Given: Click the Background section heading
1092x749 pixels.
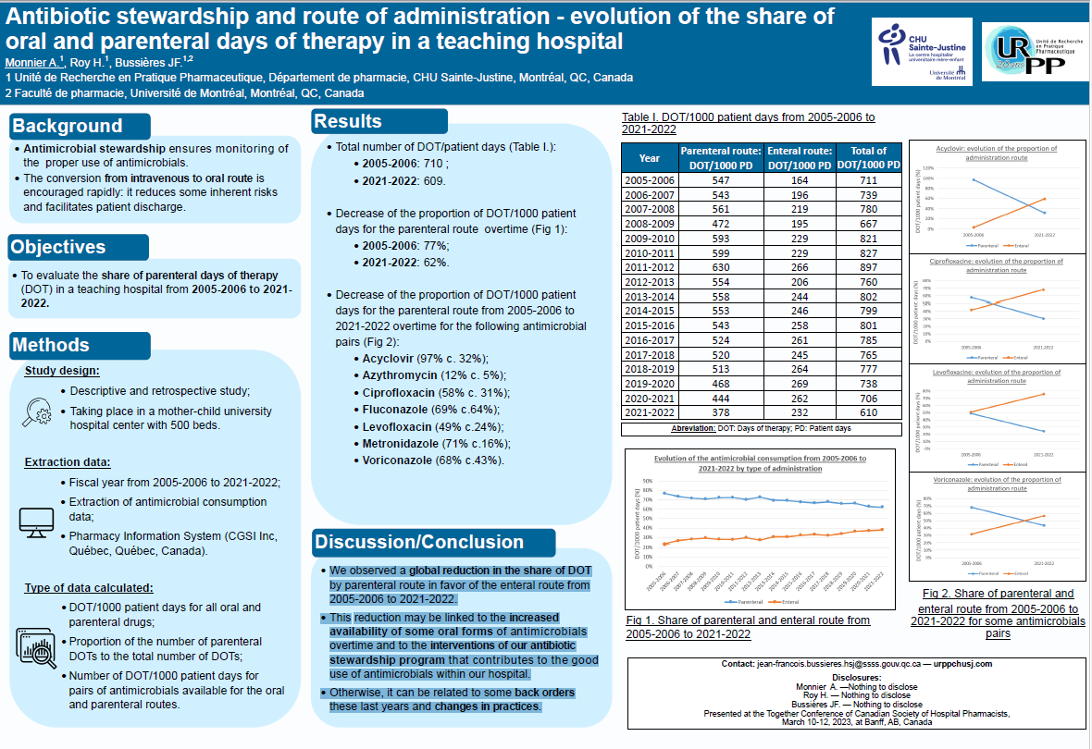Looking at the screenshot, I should [67, 127].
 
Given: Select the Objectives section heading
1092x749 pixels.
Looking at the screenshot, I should [58, 247].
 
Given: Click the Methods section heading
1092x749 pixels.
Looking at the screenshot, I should [51, 345].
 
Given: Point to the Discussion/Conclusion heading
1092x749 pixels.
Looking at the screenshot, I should [419, 542].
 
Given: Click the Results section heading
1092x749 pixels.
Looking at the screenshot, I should [347, 121].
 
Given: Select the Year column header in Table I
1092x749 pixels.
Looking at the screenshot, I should [649, 157].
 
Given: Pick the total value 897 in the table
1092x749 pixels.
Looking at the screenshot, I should [868, 268].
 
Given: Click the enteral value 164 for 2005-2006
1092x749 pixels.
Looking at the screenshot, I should [800, 180].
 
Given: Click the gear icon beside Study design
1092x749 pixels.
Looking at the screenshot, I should [39, 409].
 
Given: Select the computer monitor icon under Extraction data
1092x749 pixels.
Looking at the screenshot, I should [37, 522].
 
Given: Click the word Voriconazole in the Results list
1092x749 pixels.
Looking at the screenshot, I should [399, 460].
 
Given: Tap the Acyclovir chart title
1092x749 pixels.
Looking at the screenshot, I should [995, 153].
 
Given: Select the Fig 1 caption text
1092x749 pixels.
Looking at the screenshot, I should [748, 627].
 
